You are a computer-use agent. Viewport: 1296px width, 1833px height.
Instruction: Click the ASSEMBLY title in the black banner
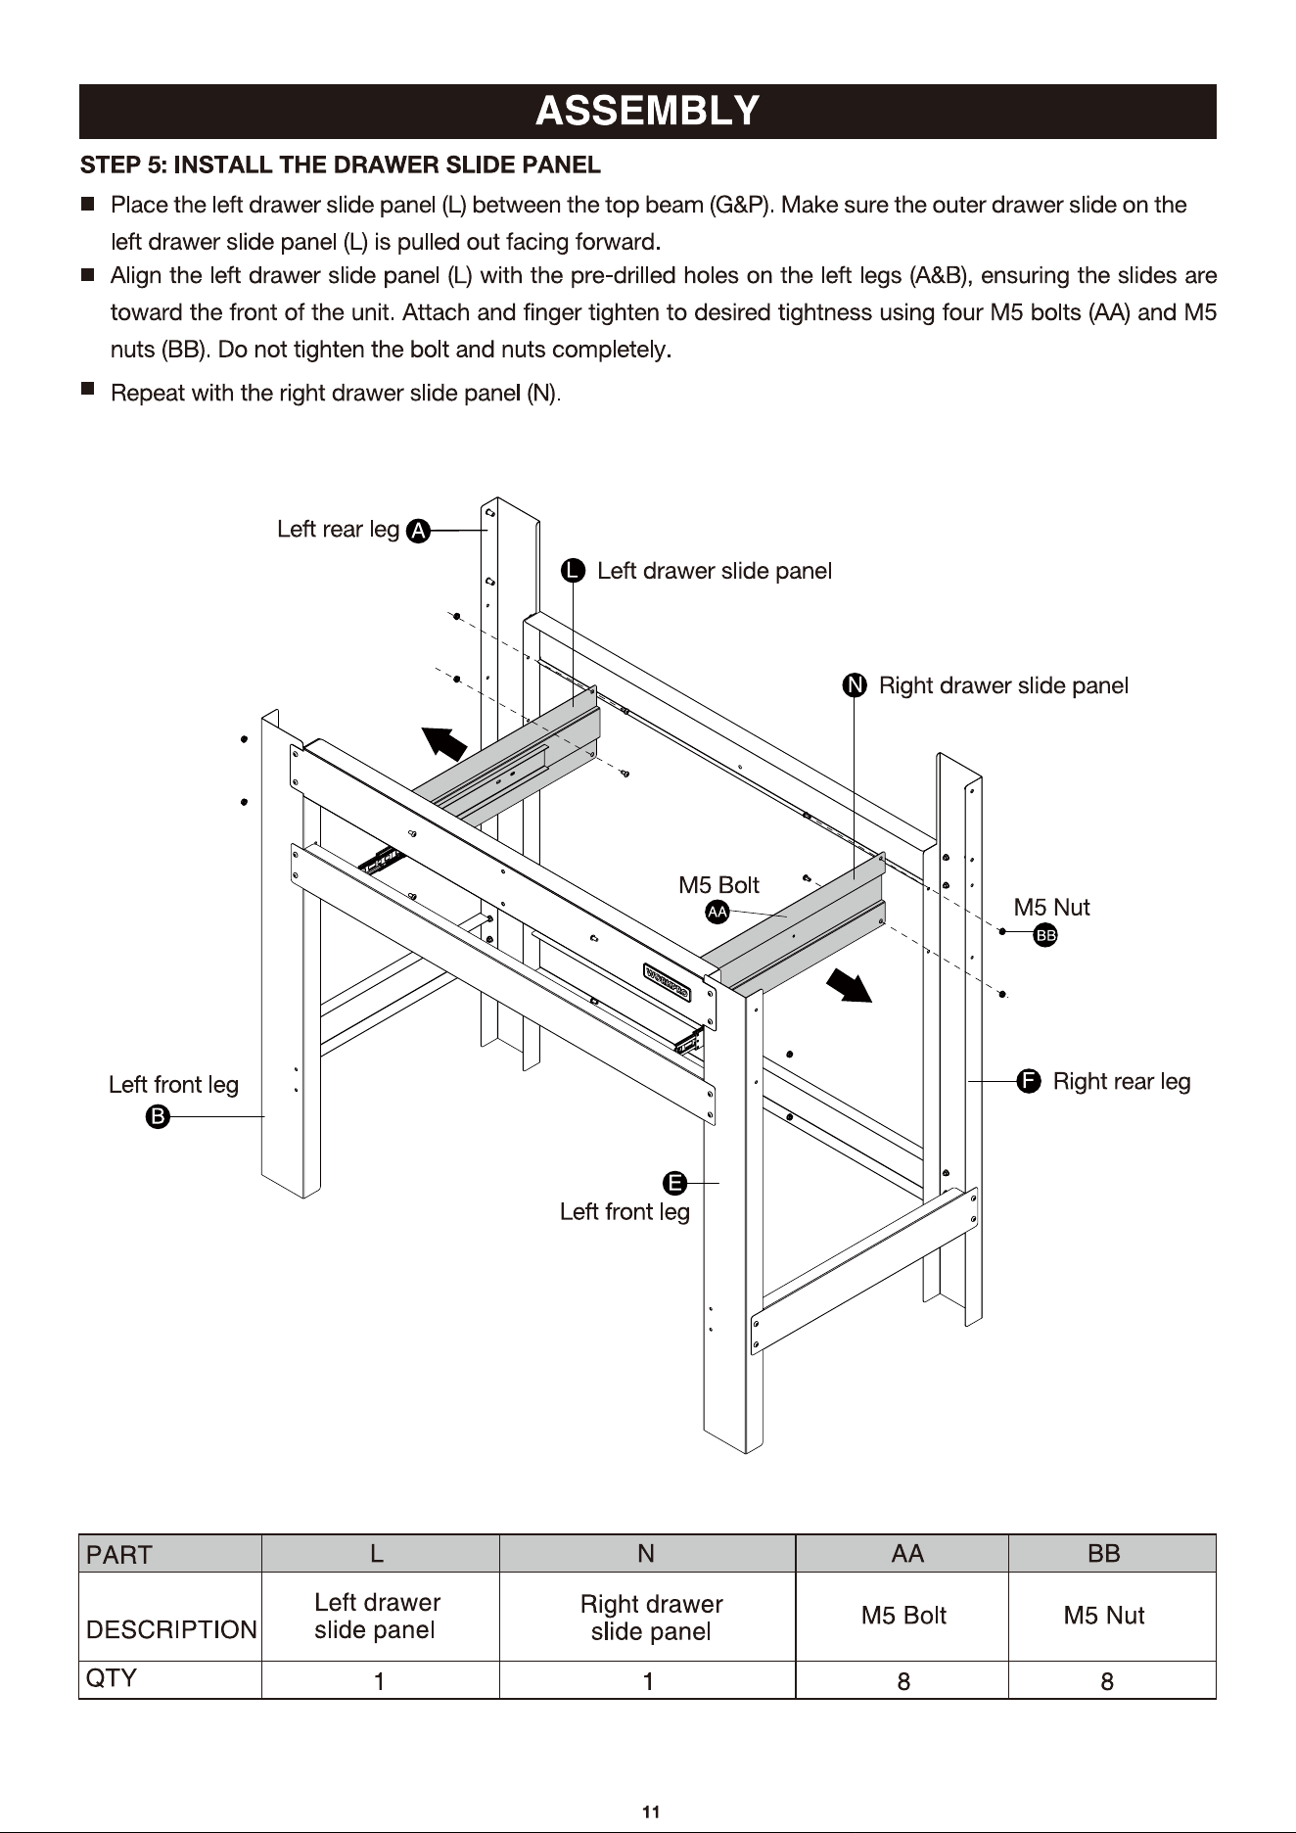click(647, 111)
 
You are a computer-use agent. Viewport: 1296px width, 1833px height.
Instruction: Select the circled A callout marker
click(418, 531)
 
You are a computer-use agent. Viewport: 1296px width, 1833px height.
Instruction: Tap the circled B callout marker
click(158, 1116)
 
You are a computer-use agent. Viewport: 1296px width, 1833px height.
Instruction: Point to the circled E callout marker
click(675, 1183)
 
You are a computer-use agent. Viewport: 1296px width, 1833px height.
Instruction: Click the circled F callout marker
click(1028, 1081)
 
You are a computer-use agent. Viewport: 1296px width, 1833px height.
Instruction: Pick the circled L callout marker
click(573, 571)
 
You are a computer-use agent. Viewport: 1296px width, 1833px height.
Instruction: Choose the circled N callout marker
click(855, 685)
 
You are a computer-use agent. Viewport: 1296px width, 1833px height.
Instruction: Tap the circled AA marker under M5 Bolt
click(717, 912)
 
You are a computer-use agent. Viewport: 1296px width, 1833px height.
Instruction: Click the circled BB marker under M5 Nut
click(1045, 935)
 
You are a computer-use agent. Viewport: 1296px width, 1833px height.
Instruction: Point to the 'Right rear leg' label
click(1122, 1082)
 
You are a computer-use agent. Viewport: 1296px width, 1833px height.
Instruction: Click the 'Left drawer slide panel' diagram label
click(715, 571)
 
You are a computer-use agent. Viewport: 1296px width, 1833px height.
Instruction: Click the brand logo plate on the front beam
click(668, 983)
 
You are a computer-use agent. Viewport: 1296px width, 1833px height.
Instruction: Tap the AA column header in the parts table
click(906, 1554)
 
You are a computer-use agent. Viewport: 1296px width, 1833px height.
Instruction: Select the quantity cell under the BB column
click(1106, 1681)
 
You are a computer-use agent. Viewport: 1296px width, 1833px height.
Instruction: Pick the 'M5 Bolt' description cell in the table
click(903, 1616)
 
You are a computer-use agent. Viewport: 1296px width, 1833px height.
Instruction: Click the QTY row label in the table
click(112, 1678)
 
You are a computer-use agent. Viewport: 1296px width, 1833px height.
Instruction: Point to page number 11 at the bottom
click(650, 1811)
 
